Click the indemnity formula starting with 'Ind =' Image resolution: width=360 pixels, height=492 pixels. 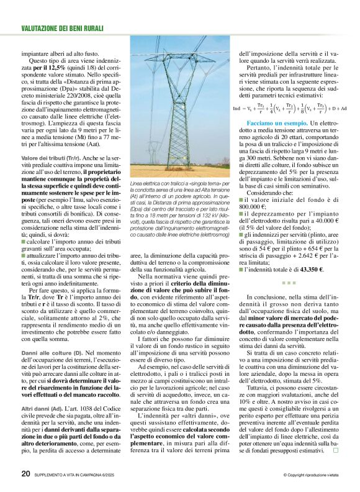[290, 109]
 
